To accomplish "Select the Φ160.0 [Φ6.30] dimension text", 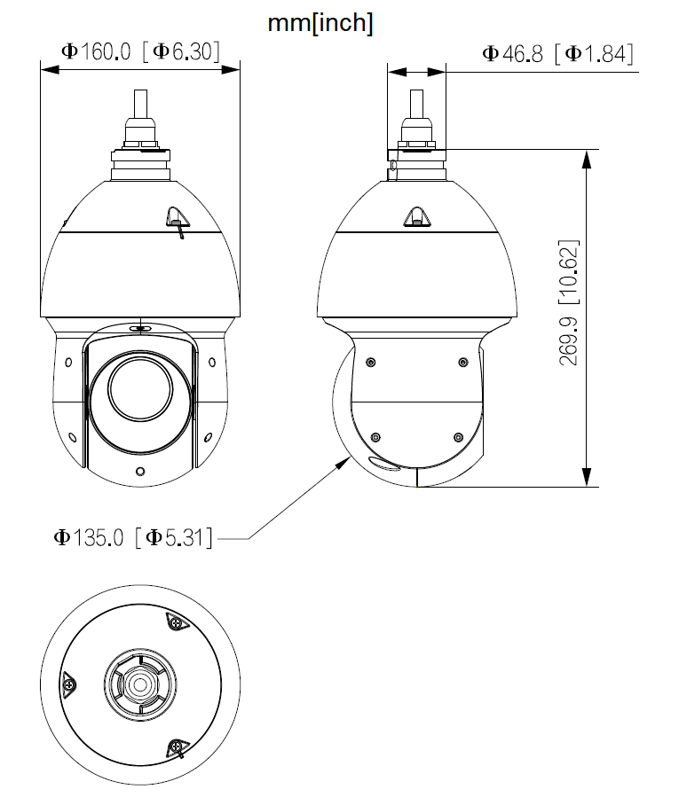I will [140, 51].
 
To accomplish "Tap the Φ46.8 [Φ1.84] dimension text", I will [557, 54].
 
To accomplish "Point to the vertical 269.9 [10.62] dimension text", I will [569, 302].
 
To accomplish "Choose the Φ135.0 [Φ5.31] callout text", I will [133, 537].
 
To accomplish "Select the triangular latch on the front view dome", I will [177, 215].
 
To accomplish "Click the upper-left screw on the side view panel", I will [369, 361].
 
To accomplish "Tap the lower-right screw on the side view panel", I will [458, 436].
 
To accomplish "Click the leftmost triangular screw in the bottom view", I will [68, 684].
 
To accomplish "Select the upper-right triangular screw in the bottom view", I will [178, 623].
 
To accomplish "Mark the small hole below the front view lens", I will [139, 471].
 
